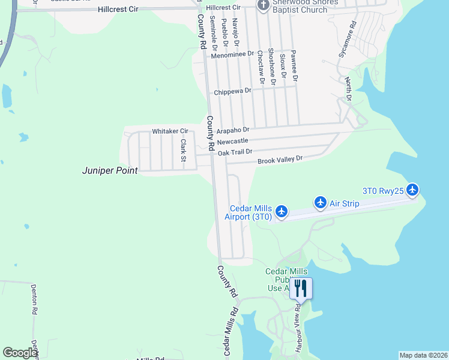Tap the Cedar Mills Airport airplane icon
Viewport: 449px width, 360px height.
tap(281, 211)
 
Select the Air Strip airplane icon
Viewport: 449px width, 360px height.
tap(320, 203)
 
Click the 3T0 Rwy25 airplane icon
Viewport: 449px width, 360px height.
tap(412, 190)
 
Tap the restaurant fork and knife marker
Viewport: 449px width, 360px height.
tap(301, 289)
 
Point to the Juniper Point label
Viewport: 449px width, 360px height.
tap(110, 170)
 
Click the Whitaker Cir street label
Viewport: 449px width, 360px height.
tap(170, 131)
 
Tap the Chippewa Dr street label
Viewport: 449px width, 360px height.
tap(232, 92)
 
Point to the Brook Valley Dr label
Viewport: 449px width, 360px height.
tap(280, 160)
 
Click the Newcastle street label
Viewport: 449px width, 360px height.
tap(233, 141)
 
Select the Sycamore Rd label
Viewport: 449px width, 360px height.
tap(348, 40)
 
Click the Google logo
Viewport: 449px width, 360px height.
tap(20, 353)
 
